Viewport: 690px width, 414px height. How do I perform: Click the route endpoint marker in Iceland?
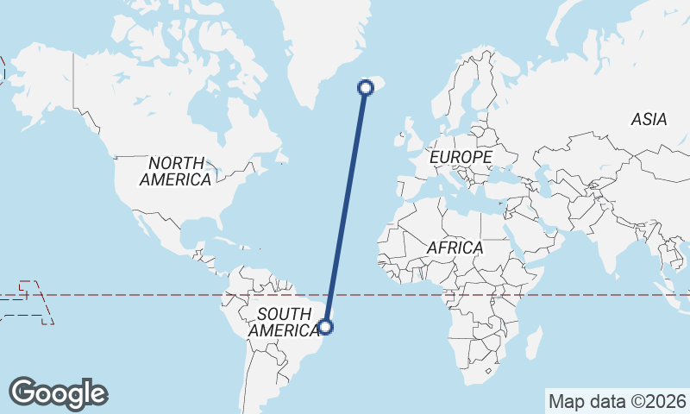point(365,86)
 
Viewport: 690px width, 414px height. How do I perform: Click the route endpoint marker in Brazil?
point(325,326)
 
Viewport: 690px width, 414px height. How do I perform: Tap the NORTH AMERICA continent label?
point(176,171)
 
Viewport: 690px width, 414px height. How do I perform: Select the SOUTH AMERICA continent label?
point(283,322)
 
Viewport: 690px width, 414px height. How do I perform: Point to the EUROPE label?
point(461,157)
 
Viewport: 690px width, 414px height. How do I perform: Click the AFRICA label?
point(455,248)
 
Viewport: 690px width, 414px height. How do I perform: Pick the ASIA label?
point(649,119)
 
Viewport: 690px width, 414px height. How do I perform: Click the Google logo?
point(59,393)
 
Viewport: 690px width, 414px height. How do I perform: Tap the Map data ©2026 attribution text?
point(617,401)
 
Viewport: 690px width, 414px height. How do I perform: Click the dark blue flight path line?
point(345,207)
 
